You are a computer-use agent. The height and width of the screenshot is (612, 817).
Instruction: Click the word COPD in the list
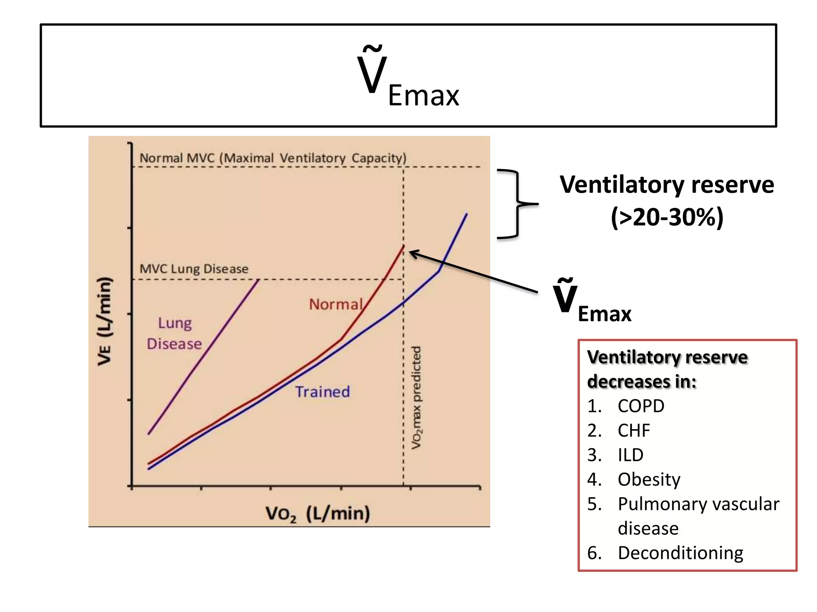click(x=641, y=406)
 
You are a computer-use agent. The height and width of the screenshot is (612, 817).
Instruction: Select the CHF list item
click(x=634, y=430)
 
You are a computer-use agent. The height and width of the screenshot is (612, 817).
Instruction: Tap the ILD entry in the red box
click(x=630, y=455)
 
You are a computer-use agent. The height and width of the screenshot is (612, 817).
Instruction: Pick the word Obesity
click(x=649, y=479)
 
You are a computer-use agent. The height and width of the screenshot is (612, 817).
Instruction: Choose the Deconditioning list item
click(x=680, y=553)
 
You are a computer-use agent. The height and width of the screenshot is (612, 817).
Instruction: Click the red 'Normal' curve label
click(x=336, y=304)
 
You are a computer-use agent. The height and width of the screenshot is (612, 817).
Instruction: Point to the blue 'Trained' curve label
click(x=322, y=392)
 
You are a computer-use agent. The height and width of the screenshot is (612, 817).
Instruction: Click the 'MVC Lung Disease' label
click(x=194, y=269)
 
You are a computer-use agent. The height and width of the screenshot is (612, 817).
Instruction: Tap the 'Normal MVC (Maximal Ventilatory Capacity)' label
click(x=273, y=158)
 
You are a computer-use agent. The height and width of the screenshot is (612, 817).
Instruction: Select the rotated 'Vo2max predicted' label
click(x=416, y=397)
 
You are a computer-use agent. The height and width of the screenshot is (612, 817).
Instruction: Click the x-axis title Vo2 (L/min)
click(x=318, y=514)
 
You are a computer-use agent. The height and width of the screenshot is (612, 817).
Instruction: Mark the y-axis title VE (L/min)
click(x=105, y=321)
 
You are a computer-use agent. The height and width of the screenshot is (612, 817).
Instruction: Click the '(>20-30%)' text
click(x=667, y=218)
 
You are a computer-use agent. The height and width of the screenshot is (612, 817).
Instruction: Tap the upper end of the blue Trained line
click(x=466, y=214)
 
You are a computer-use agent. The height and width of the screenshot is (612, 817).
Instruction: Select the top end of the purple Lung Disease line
click(x=259, y=280)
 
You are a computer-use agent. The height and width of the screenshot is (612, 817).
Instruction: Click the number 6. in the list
click(x=594, y=553)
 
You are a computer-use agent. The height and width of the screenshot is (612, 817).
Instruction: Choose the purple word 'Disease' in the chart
click(x=174, y=344)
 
